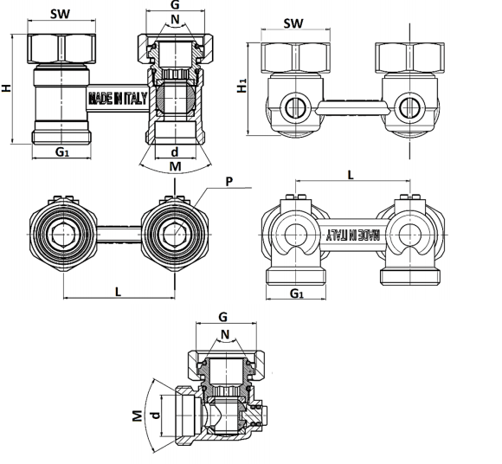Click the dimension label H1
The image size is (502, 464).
pyautogui.click(x=242, y=86)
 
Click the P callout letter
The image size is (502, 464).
pyautogui.click(x=228, y=182)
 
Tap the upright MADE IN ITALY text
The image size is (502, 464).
pyautogui.click(x=118, y=99)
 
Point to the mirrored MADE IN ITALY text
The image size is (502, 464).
pyautogui.click(x=353, y=235)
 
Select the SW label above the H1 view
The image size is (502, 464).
pyautogui.click(x=293, y=23)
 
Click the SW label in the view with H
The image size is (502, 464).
pyautogui.click(x=60, y=14)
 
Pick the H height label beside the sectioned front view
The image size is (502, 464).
pyautogui.click(x=6, y=88)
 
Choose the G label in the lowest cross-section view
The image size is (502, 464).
pyautogui.click(x=222, y=317)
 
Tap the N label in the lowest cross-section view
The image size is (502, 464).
pyautogui.click(x=225, y=335)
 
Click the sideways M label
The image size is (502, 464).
pyautogui.click(x=137, y=416)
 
